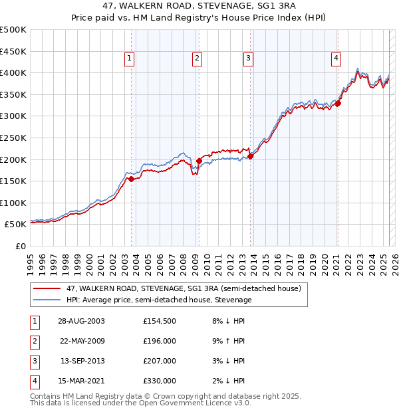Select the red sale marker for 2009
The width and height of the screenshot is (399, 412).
[199, 161]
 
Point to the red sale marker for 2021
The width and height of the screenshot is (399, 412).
[338, 103]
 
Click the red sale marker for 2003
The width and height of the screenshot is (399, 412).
[132, 179]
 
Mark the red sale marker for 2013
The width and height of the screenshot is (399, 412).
[251, 156]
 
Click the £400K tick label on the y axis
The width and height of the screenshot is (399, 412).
[13, 72]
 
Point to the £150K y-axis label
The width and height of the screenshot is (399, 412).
[13, 181]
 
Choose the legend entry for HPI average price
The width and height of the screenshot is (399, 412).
[159, 300]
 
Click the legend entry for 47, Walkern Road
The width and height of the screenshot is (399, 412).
[184, 288]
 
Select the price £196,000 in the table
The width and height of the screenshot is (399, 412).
[160, 341]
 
